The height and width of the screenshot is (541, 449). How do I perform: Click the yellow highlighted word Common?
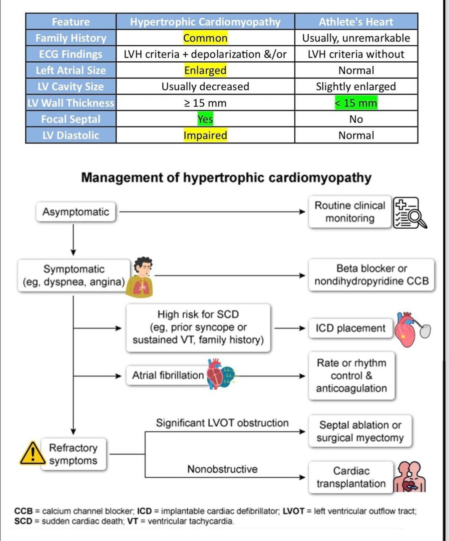tap(205, 38)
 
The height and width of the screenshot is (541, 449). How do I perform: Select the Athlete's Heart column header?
tap(356, 22)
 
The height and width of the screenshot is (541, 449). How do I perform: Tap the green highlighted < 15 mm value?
tap(356, 103)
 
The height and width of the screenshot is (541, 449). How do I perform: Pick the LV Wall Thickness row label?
tap(71, 103)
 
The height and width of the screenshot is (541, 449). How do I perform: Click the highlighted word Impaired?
tap(205, 135)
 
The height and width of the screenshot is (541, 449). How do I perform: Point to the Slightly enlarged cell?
tap(356, 87)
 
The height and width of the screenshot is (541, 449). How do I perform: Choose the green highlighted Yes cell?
tap(205, 119)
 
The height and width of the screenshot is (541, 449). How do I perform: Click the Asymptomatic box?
tap(76, 212)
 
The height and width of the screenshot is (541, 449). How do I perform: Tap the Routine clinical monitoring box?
tap(350, 212)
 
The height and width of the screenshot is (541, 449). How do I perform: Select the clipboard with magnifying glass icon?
tap(409, 213)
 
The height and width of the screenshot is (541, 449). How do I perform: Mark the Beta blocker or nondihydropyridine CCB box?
tap(372, 275)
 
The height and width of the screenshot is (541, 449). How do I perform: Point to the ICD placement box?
tap(350, 328)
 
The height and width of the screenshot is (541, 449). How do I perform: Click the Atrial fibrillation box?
tap(168, 375)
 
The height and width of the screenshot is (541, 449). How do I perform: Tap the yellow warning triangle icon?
tap(32, 454)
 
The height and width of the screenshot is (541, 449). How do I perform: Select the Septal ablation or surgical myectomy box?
tap(360, 431)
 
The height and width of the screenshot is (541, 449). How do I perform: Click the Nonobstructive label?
tap(222, 469)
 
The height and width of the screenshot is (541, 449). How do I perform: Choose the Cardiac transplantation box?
tap(351, 477)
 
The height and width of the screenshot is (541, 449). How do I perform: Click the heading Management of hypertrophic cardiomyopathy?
tap(226, 178)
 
